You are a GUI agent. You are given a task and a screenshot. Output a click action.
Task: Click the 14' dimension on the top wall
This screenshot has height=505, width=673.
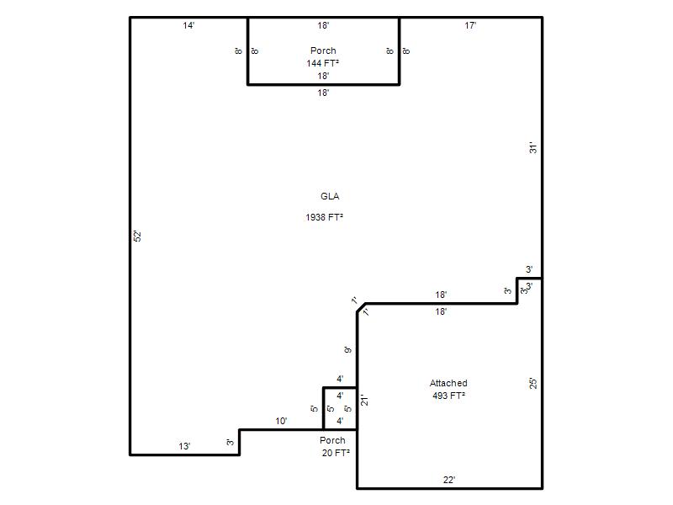(188, 25)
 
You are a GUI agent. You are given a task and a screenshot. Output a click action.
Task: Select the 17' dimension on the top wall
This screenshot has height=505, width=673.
(470, 25)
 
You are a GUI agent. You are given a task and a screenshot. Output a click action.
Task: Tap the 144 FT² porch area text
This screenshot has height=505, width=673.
(323, 63)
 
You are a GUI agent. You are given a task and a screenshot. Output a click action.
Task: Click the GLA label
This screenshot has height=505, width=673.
(330, 196)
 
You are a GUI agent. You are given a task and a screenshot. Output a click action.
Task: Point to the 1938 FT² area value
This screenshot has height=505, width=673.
(324, 217)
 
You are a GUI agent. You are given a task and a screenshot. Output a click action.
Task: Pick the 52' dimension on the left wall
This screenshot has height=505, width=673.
(137, 237)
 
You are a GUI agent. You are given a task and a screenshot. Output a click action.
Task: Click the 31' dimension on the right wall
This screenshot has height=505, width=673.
(533, 148)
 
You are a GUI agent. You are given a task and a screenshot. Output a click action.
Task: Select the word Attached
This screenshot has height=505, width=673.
(448, 383)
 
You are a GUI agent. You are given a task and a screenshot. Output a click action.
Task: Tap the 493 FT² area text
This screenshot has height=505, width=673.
(448, 396)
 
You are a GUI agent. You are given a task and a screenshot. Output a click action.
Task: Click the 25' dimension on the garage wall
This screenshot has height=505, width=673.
(533, 383)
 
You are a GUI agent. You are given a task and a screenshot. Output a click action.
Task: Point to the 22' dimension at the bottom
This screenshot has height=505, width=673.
(449, 480)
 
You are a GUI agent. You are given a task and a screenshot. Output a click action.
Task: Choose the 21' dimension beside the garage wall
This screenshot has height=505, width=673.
(364, 400)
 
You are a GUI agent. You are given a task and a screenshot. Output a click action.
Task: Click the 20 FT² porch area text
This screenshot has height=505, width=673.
(336, 453)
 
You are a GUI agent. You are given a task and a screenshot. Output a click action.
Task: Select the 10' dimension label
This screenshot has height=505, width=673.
(281, 421)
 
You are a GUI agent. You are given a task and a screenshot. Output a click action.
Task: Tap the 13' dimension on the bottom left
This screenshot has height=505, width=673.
(184, 446)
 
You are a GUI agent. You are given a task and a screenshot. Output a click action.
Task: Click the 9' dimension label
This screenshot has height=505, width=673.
(347, 350)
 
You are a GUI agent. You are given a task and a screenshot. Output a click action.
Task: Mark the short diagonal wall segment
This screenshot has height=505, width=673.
(362, 307)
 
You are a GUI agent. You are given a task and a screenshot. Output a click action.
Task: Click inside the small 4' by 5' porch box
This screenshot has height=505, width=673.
(340, 408)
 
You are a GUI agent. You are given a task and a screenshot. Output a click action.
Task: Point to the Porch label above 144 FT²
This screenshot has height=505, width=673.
(323, 50)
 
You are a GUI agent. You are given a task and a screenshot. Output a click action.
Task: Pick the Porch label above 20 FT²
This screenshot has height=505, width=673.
(332, 440)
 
